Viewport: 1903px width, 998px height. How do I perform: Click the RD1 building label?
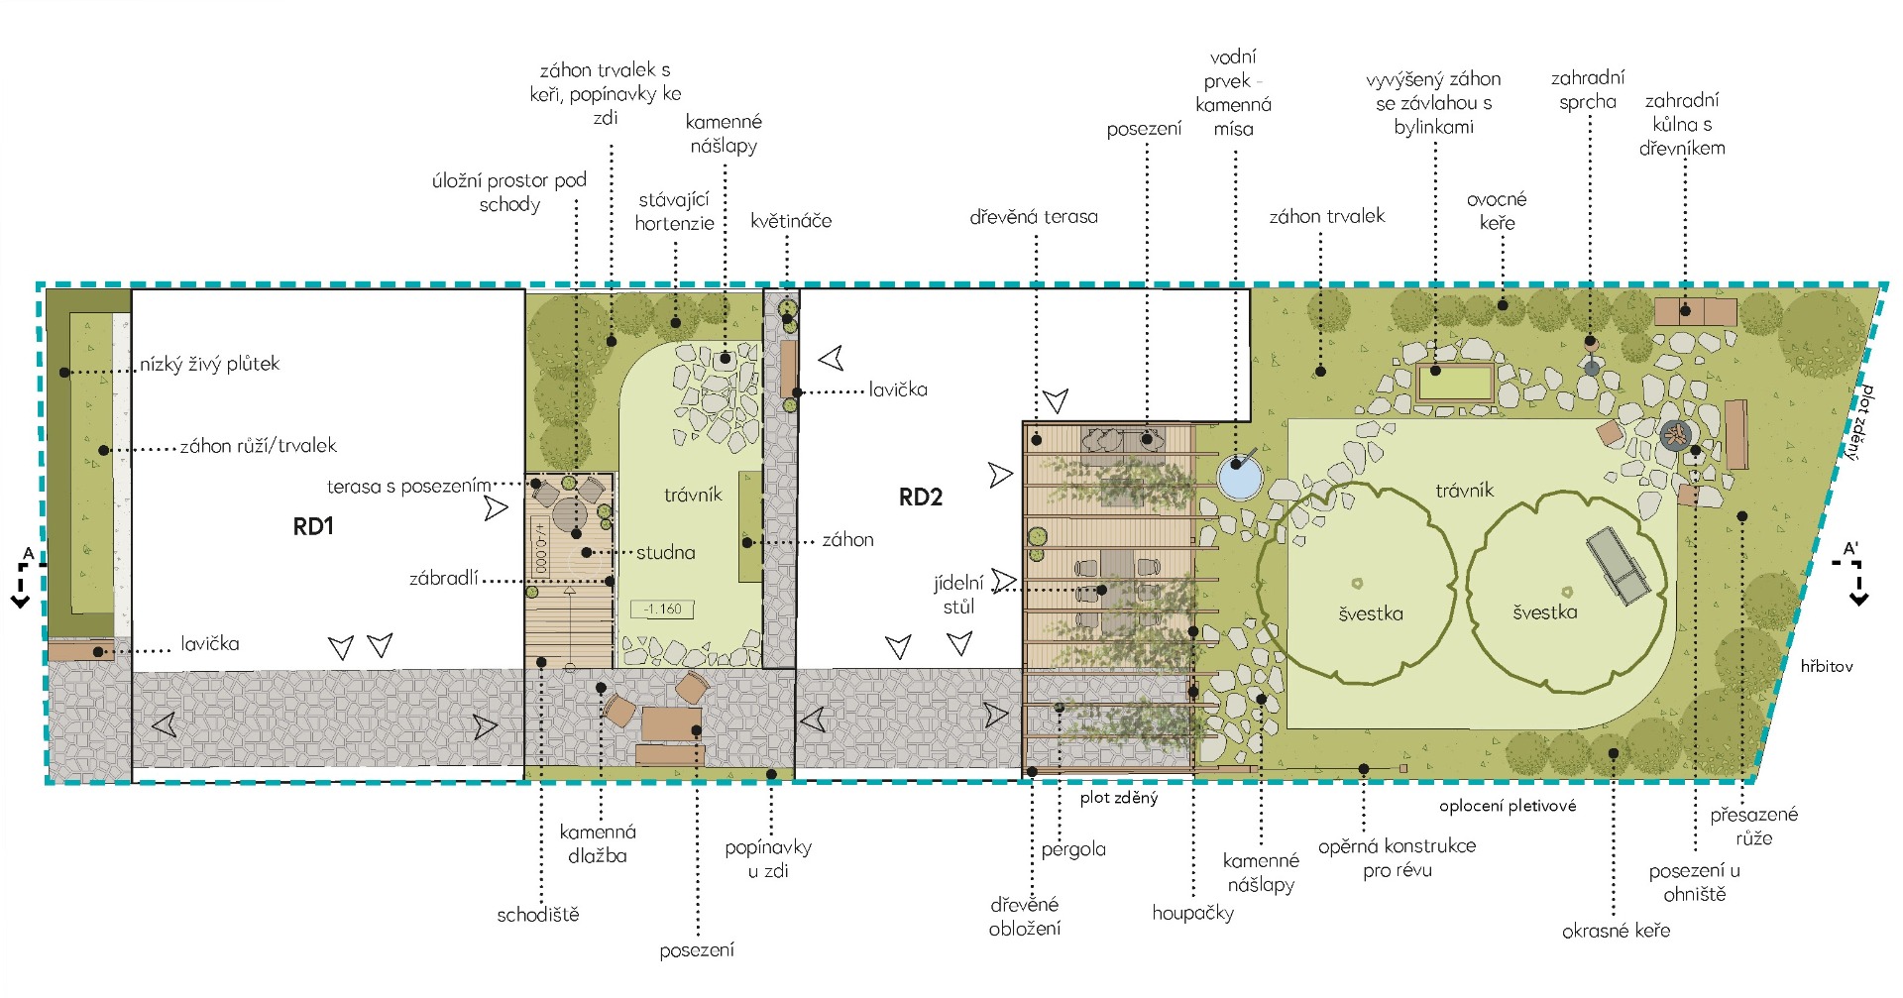(x=313, y=526)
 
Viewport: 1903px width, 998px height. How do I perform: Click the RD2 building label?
(x=920, y=498)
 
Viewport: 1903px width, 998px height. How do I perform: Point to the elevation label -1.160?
(x=662, y=609)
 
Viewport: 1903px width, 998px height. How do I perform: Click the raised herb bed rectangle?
(x=1455, y=382)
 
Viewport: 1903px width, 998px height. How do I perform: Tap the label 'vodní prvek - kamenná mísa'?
(x=1233, y=93)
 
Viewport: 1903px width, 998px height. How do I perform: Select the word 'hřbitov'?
(x=1827, y=666)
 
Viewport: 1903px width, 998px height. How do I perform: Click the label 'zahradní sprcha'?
(x=1588, y=89)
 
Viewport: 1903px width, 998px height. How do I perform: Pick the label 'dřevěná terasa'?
(x=1034, y=216)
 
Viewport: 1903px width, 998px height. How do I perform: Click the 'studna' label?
(x=666, y=552)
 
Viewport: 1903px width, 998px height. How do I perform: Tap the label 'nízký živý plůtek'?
(x=209, y=364)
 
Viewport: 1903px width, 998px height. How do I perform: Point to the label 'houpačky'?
(x=1192, y=913)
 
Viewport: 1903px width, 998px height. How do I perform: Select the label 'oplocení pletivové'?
(x=1508, y=806)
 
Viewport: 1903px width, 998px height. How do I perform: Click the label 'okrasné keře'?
(x=1616, y=931)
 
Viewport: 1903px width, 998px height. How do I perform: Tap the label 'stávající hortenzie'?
(x=674, y=211)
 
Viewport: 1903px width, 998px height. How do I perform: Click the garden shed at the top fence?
(x=1695, y=311)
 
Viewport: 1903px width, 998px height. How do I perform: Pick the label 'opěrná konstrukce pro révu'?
(x=1397, y=858)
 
